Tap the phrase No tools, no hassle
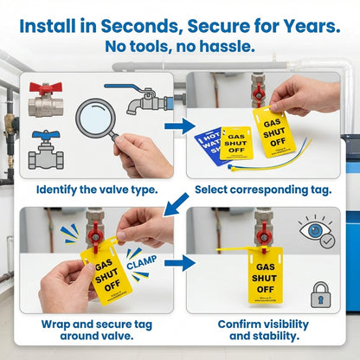pyautogui.click(x=179, y=46)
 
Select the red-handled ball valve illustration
pyautogui.click(x=46, y=100)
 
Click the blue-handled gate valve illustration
pyautogui.click(x=46, y=151)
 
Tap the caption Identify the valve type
pyautogui.click(x=95, y=189)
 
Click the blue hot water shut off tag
pyautogui.click(x=210, y=142)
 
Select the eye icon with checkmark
pyautogui.click(x=317, y=233)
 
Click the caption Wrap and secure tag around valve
pyautogui.click(x=95, y=329)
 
